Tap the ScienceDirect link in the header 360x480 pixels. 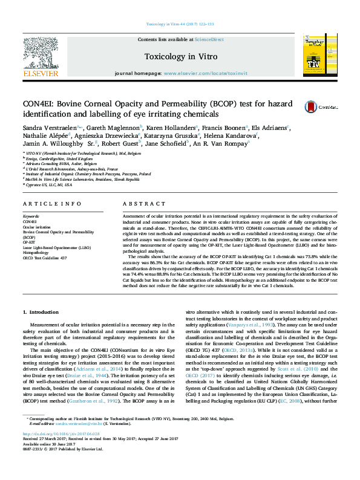pos(211,40)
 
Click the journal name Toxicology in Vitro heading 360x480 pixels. pos(180,56)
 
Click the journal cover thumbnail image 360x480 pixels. pos(315,54)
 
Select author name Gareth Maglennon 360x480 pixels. pos(107,128)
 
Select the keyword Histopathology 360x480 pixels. pos(36,252)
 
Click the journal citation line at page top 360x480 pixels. pos(180,24)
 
